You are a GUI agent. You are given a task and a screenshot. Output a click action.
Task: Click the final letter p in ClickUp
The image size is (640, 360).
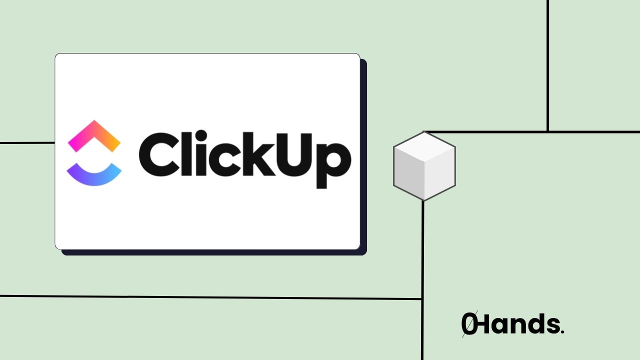pos(334,162)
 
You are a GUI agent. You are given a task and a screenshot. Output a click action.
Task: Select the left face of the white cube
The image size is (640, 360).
pos(408,174)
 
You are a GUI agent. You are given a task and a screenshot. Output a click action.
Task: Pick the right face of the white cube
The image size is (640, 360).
pos(440,174)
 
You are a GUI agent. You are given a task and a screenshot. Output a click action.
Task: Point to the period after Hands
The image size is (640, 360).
pos(562,332)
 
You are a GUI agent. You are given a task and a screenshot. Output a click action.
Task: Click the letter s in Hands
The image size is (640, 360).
pos(551,326)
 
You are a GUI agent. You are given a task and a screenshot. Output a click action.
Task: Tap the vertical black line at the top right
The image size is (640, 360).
pos(548,65)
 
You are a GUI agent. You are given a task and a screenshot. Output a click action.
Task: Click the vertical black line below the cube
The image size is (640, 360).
pos(423,280)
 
